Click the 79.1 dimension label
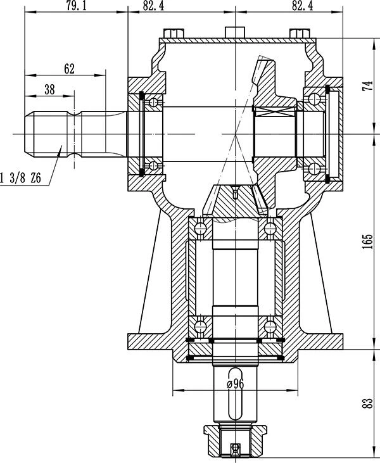(x=77, y=6)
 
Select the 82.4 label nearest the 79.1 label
(x=153, y=6)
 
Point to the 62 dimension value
(x=70, y=69)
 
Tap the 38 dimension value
(x=49, y=89)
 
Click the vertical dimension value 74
(x=368, y=86)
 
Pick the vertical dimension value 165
(x=368, y=242)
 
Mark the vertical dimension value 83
(x=368, y=403)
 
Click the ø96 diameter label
(x=236, y=384)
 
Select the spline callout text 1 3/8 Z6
(x=20, y=179)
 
